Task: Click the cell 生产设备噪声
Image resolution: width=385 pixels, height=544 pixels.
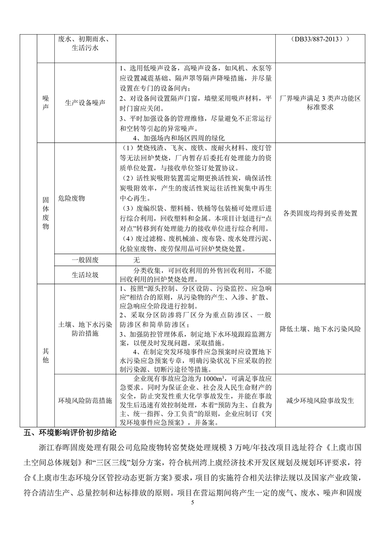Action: point(85,103)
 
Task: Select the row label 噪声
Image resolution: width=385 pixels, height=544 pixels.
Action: point(45,103)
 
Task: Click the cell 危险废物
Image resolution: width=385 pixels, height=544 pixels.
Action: point(72,199)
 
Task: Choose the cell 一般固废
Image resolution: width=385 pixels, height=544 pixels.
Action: point(85,260)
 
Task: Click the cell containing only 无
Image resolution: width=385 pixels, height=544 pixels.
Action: point(136,260)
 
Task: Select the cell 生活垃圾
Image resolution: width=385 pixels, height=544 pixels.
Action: point(85,275)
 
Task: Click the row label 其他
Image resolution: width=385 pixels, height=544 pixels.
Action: point(45,355)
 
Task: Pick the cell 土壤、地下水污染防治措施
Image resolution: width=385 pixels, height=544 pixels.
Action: point(85,329)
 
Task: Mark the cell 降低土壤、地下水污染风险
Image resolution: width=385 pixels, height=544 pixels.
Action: point(320,329)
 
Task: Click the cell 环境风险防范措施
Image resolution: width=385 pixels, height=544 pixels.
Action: point(85,400)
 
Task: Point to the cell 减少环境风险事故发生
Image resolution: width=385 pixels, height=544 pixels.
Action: point(320,400)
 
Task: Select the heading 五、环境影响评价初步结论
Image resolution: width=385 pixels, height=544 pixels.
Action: point(69,432)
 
